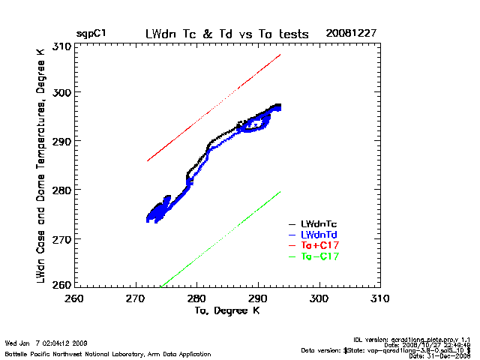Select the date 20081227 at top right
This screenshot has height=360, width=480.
point(349,34)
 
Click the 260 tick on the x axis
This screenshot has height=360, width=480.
point(74,298)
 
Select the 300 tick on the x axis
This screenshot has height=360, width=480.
point(319,298)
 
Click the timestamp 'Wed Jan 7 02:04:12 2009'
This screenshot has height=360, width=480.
point(46,343)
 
